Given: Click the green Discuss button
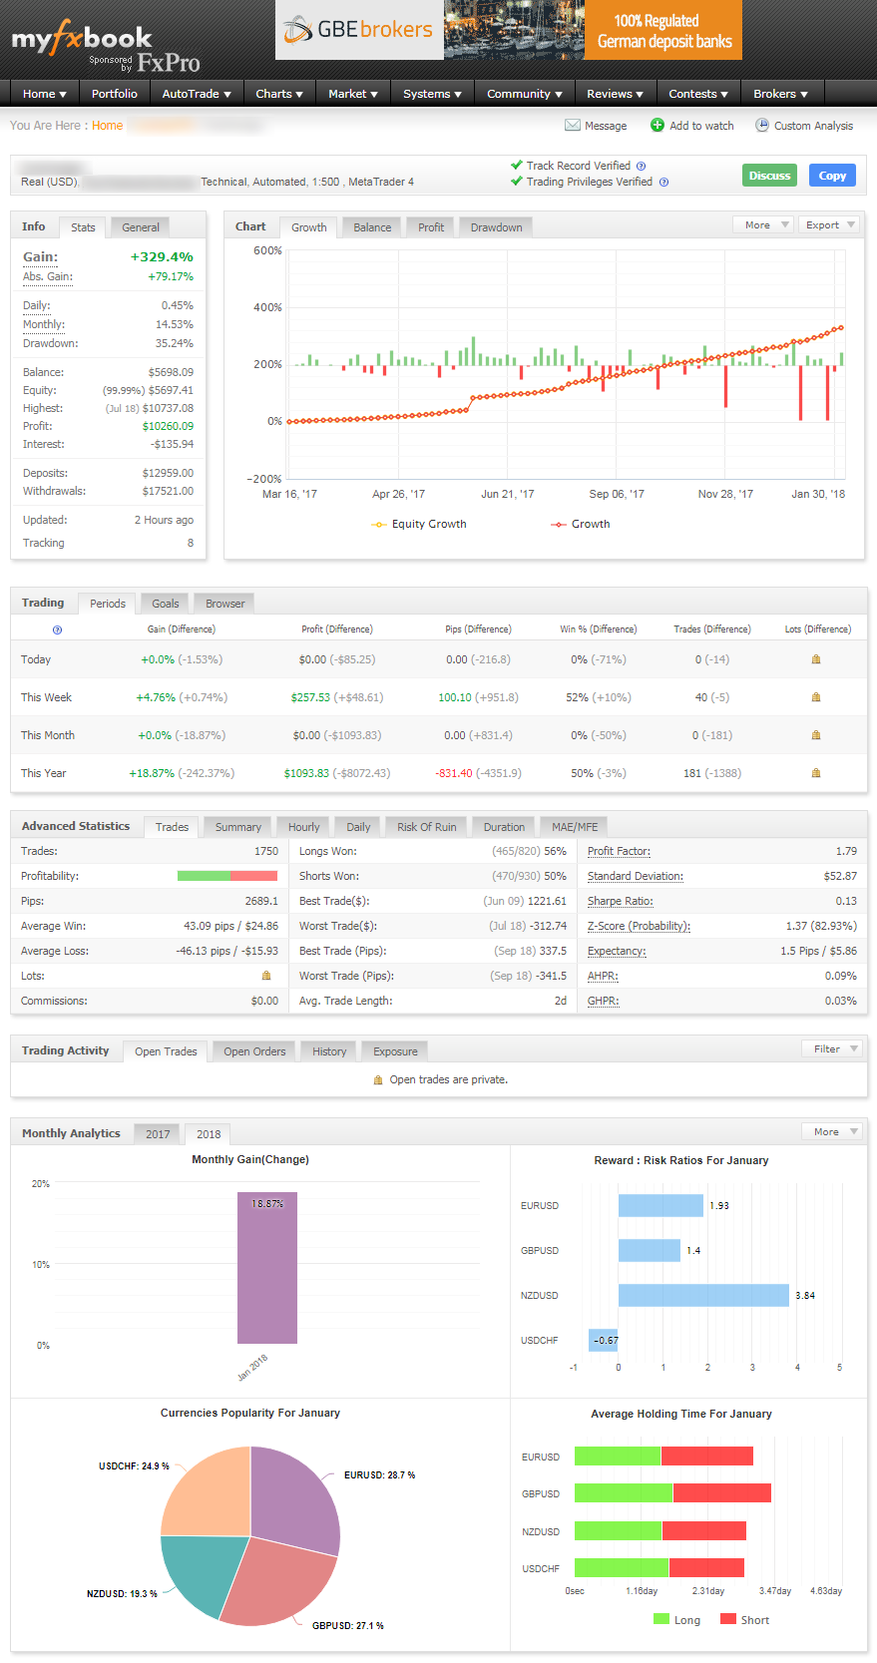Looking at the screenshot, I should (769, 176).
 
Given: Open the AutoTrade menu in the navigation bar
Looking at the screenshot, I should (197, 94).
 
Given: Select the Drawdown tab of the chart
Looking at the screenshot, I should (496, 227).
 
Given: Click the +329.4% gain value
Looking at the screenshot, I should (162, 256).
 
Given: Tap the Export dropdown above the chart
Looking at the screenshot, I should (829, 224).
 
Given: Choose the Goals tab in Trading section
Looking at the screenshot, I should (165, 604).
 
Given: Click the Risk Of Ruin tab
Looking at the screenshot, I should (426, 827).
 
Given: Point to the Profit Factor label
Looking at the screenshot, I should (619, 851).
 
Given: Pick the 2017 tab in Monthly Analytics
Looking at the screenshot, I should (158, 1134).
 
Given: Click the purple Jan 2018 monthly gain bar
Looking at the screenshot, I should (267, 1268).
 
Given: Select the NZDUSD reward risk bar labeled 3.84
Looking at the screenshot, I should (703, 1295).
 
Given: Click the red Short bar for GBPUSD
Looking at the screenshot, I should (721, 1493).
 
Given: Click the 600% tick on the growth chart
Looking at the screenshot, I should (267, 250).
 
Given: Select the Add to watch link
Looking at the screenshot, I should (700, 126).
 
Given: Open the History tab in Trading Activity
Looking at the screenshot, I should (329, 1051).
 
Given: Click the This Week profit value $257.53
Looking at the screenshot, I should (310, 697).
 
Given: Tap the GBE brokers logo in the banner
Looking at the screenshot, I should (359, 30).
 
